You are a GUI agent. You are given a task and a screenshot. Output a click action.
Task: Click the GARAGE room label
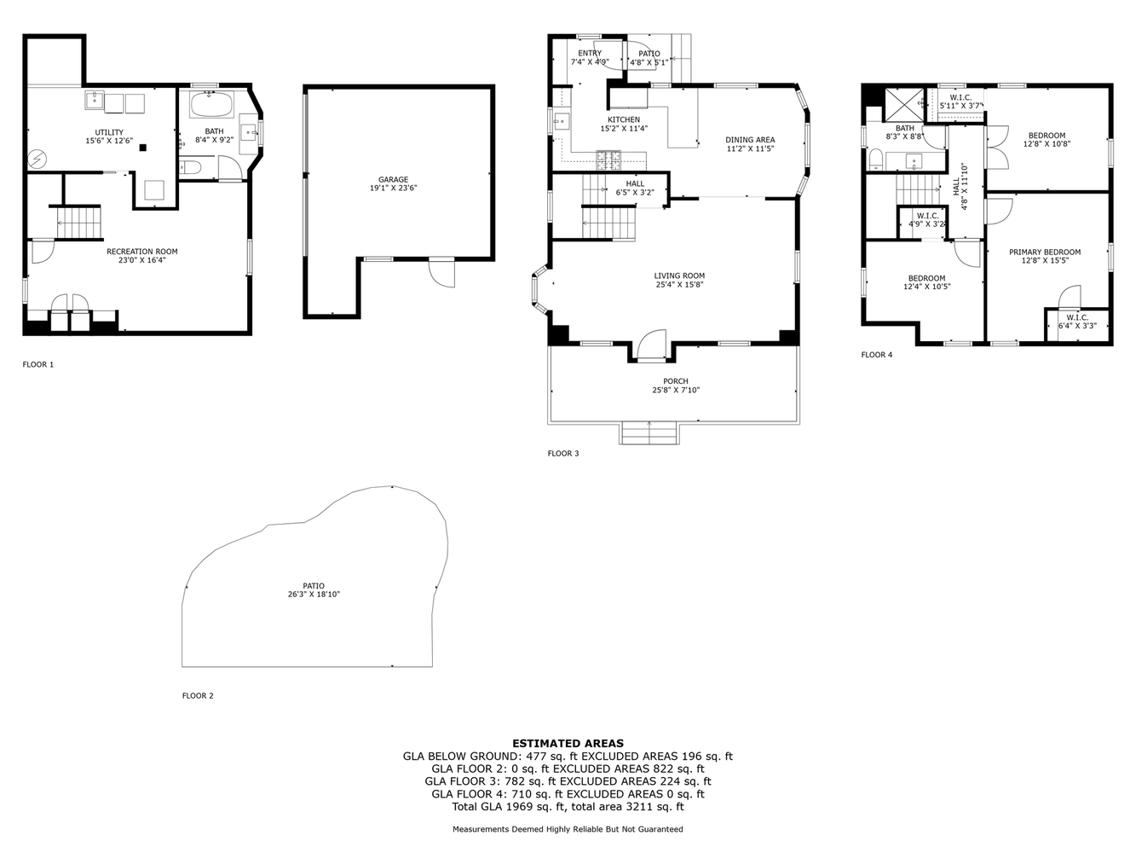point(393,179)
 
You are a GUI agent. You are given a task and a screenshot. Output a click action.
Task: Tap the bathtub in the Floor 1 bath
point(210,106)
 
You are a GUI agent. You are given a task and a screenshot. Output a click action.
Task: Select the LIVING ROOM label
point(679,276)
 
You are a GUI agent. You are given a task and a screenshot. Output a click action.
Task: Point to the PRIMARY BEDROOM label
point(1044,252)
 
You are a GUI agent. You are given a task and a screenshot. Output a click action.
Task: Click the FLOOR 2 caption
point(198,696)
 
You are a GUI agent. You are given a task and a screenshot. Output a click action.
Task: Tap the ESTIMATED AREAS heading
point(568,743)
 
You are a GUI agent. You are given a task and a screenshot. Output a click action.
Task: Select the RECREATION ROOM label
point(141,252)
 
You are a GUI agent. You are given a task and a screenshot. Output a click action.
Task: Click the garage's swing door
point(442,272)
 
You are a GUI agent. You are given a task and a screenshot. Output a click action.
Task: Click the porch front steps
point(650,433)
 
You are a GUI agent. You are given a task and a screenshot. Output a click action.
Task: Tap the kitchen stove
point(608,158)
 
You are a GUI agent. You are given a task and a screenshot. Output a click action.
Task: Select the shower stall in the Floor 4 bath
point(902,105)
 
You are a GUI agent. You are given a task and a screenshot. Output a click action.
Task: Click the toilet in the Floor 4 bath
point(875,159)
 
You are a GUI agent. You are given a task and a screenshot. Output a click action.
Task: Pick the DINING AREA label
point(750,140)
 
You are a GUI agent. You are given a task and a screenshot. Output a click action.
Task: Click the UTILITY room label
point(109,132)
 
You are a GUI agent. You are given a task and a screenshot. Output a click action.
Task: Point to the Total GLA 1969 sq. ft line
point(568,806)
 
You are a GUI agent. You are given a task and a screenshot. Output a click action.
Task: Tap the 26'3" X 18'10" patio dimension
point(313,595)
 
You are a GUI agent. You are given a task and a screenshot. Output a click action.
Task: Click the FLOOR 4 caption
point(876,355)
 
